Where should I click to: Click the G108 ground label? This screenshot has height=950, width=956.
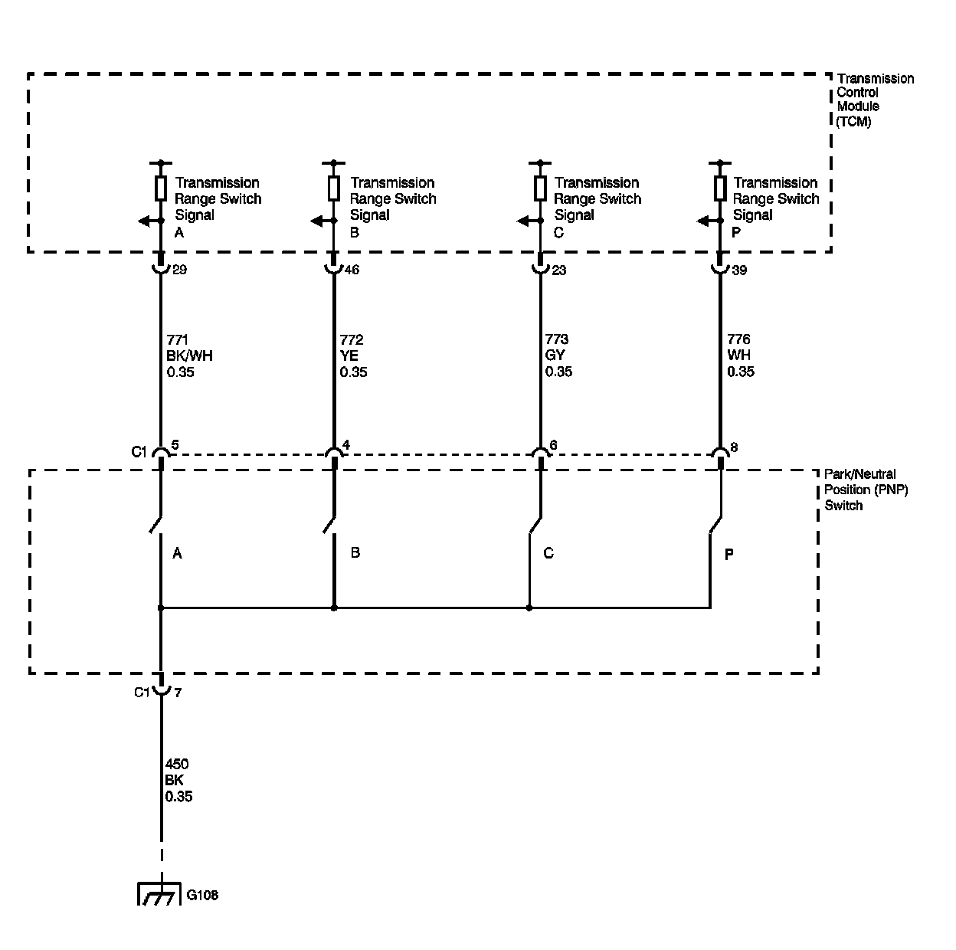coord(203,895)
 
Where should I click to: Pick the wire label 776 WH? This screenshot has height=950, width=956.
coord(740,355)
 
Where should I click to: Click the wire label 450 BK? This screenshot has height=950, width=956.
coord(178,780)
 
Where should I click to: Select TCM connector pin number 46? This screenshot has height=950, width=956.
coord(352,270)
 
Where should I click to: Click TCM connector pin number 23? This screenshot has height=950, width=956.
coord(558,270)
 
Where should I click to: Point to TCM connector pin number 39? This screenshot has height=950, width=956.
coord(739,270)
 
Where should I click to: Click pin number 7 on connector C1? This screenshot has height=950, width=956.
coord(178,693)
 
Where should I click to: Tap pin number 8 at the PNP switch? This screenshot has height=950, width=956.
coord(734,447)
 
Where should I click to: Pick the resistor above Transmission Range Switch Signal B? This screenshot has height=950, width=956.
coord(334,187)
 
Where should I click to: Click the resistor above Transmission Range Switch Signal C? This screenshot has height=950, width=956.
coord(540,187)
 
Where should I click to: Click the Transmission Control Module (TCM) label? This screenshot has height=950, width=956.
coord(874,100)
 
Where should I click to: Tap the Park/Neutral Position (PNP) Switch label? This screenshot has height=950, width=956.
coord(865,490)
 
